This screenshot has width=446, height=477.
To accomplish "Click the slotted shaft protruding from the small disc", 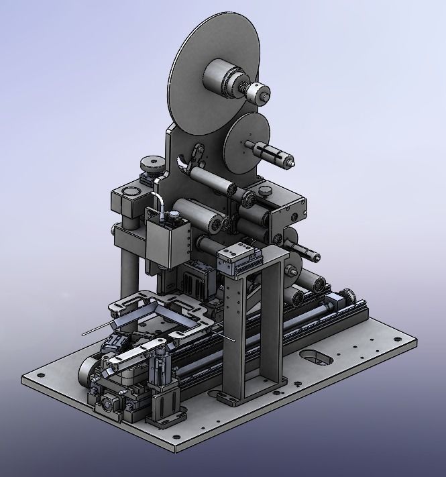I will pyautogui.click(x=275, y=155).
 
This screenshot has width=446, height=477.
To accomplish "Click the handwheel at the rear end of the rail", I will pyautogui.click(x=349, y=296).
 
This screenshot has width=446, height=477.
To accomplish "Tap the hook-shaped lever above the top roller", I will pyautogui.click(x=197, y=156).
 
